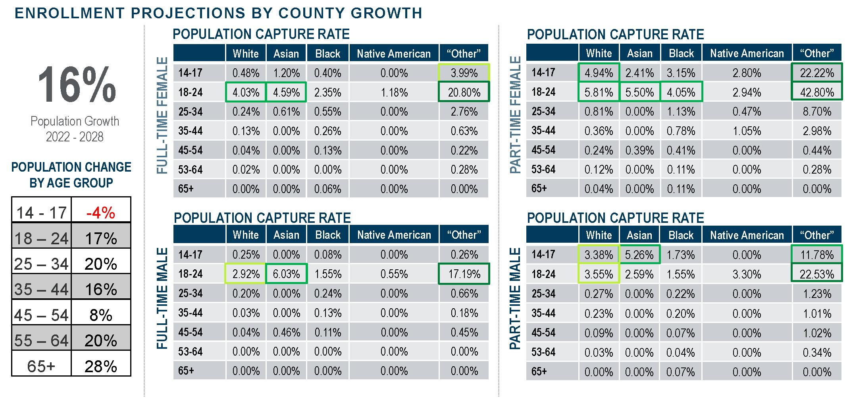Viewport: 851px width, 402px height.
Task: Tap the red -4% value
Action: click(101, 213)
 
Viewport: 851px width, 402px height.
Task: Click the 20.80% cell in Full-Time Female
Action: click(464, 93)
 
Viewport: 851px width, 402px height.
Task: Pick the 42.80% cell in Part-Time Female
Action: click(817, 92)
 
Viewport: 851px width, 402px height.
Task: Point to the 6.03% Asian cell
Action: click(286, 274)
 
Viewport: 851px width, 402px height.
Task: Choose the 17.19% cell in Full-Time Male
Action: click(464, 274)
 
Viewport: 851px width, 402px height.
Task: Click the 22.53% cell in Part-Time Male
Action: click(817, 274)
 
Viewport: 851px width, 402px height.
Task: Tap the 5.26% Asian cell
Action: click(639, 255)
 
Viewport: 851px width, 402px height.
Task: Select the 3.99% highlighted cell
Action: click(464, 73)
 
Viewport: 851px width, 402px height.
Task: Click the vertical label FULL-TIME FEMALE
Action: click(162, 116)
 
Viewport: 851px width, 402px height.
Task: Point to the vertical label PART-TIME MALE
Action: click(515, 299)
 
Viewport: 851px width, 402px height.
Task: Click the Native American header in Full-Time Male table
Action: click(394, 235)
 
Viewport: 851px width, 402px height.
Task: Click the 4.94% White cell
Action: click(599, 73)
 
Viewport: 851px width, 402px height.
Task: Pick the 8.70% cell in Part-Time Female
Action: click(817, 112)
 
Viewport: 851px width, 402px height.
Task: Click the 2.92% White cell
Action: click(246, 274)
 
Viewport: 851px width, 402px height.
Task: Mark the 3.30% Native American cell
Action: click(747, 274)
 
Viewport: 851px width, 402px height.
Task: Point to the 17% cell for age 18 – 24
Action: click(101, 239)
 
